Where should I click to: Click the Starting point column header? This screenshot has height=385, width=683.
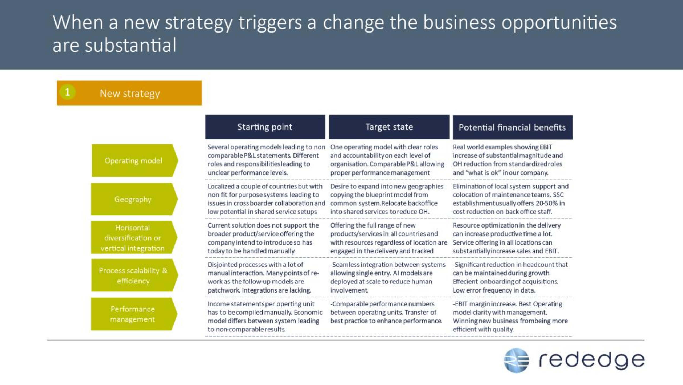click(x=265, y=127)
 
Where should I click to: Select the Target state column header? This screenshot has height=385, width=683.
click(x=389, y=127)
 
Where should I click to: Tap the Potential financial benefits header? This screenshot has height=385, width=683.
click(x=513, y=127)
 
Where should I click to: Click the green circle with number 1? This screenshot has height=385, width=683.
click(x=67, y=92)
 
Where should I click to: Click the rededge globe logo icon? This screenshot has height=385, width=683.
click(x=516, y=360)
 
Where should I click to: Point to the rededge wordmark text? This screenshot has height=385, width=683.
click(x=592, y=360)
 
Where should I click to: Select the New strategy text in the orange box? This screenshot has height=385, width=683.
click(x=130, y=93)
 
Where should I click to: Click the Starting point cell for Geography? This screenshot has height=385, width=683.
click(x=266, y=199)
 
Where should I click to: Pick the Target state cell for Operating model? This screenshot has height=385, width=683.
click(x=387, y=160)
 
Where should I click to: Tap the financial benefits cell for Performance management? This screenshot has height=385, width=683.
click(x=510, y=317)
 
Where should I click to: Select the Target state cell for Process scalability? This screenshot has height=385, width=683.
click(x=388, y=277)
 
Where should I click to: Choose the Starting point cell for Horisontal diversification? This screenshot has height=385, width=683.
click(x=263, y=238)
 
